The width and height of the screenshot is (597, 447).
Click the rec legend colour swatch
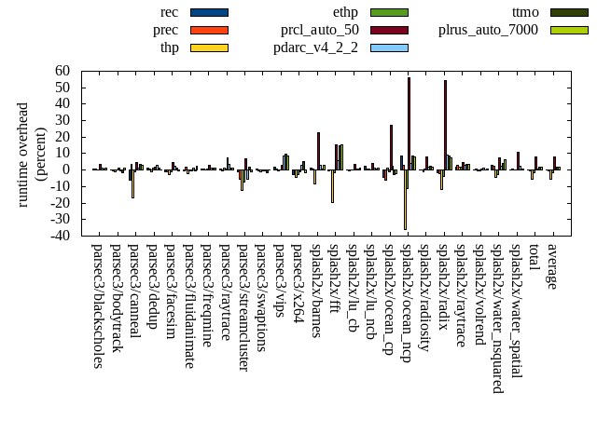(x=209, y=12)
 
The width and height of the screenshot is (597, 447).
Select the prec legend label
(x=166, y=30)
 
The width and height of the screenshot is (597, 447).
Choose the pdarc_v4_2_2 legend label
(x=316, y=47)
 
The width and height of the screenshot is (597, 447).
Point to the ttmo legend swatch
(x=569, y=12)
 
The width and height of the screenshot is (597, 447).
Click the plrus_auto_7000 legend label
(x=488, y=30)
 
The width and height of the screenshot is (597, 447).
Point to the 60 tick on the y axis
(x=63, y=71)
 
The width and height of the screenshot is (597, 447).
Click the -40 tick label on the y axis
(x=61, y=236)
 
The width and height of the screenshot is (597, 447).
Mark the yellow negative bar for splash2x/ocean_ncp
(x=405, y=199)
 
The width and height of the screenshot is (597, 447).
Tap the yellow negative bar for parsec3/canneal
(x=132, y=183)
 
